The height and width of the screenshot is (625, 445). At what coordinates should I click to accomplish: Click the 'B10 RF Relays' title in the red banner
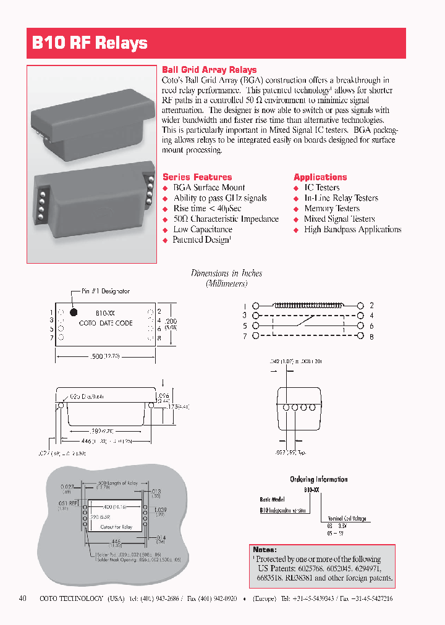90,43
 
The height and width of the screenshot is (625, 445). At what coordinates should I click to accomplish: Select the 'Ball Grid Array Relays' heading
209,70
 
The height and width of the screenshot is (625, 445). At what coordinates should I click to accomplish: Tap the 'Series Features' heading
197,177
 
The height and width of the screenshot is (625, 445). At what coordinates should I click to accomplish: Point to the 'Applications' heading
320,177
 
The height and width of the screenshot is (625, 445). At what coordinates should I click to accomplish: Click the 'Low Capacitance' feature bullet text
203,229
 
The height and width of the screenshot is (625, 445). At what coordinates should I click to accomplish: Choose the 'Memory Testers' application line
331,208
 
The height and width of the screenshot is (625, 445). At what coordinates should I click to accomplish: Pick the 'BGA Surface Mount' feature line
209,188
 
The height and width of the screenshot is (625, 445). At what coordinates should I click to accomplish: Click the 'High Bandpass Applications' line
352,229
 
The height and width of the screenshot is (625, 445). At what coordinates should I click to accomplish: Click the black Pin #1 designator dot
74,312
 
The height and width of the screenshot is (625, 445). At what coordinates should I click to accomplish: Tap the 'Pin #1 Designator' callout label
105,291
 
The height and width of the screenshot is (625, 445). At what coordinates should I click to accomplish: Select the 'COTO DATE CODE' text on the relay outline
106,323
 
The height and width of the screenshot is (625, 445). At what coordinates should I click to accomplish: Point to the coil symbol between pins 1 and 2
307,305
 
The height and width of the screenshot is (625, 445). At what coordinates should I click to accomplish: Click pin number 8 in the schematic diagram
371,337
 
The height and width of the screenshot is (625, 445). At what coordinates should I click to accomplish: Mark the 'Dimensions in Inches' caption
226,273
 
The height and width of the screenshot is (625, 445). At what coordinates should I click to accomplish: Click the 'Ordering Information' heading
318,479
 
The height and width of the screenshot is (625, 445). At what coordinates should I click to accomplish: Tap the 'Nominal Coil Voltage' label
347,518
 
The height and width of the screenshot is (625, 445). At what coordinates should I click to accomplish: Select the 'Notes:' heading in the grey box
265,549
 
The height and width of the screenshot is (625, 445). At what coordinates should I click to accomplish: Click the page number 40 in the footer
23,598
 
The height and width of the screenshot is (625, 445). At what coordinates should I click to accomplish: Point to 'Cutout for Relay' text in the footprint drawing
116,527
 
